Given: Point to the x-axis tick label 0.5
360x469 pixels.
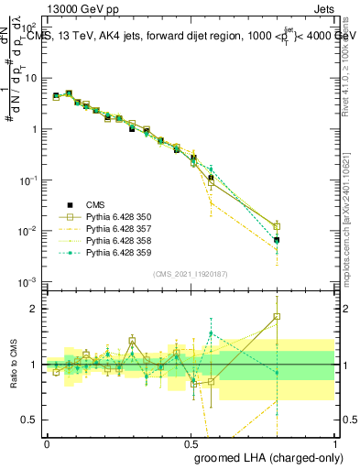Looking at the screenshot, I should point(191,442).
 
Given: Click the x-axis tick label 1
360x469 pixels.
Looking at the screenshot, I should point(334,442).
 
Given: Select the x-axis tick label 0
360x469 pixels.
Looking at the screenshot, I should point(47,442).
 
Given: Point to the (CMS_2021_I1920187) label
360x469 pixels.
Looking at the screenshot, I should point(191,274).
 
